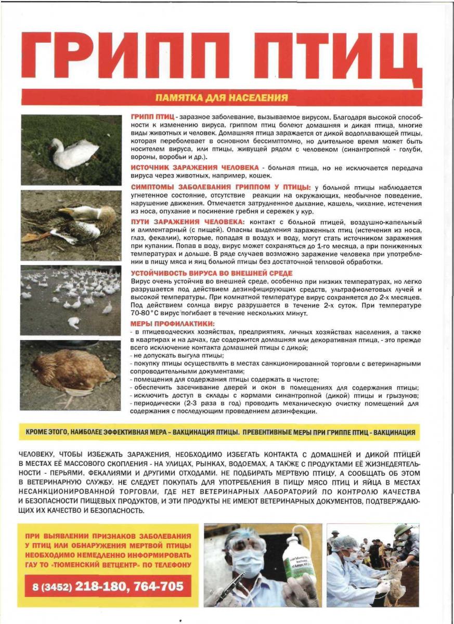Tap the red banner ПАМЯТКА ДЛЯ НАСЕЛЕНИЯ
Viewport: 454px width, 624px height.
222,97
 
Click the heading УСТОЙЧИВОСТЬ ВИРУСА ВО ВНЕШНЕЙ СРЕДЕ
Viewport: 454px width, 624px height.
211,273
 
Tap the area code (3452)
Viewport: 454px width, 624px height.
56,587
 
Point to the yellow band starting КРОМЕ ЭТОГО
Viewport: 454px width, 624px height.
220,432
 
